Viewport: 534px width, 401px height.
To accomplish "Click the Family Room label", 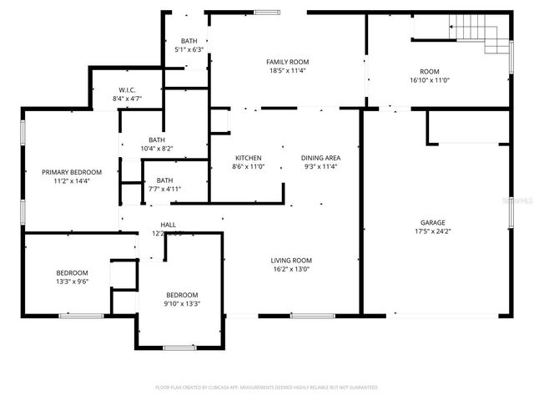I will (x=287, y=62).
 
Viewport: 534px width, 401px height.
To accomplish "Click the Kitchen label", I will (x=248, y=157).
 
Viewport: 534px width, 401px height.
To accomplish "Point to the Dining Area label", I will (x=320, y=157).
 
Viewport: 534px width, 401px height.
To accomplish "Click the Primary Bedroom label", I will (x=72, y=171).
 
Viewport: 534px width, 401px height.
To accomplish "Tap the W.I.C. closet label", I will (x=127, y=89).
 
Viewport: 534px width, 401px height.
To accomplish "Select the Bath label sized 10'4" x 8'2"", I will (x=157, y=140).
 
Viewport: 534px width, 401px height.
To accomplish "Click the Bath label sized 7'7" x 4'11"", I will (x=164, y=180).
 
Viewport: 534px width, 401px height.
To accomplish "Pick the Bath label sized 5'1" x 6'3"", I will (x=189, y=41).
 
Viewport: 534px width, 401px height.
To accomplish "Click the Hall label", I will (x=168, y=225).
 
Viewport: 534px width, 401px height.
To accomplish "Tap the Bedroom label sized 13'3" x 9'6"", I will (x=72, y=273).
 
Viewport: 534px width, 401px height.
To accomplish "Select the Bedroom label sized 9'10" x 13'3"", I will (x=182, y=295).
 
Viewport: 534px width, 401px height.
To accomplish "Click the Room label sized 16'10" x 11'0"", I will (x=430, y=71).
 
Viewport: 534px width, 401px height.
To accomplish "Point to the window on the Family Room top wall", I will (x=267, y=12).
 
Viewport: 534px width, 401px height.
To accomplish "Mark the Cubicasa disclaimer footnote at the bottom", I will (x=267, y=388).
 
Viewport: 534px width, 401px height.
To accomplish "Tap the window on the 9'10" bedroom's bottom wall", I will (x=178, y=348).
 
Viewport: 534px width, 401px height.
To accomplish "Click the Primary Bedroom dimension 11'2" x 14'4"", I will (x=72, y=181).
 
